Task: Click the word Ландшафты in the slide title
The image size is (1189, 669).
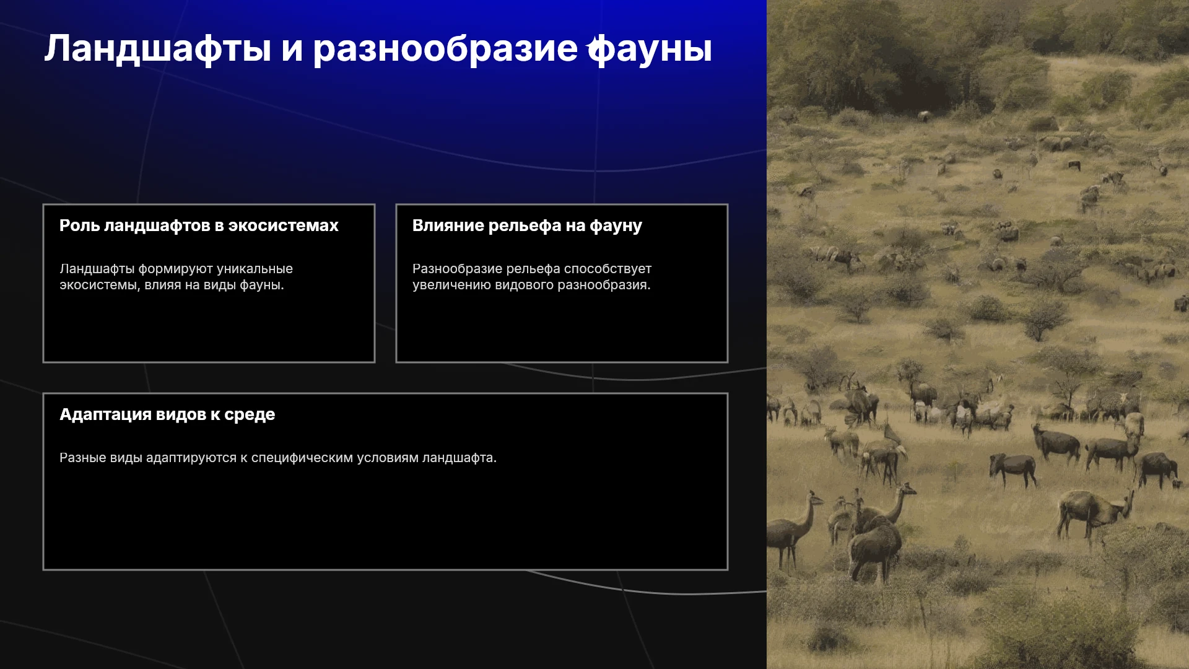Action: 158,49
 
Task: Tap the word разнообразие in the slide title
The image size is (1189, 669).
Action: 445,50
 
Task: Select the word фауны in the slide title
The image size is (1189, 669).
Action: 650,50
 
